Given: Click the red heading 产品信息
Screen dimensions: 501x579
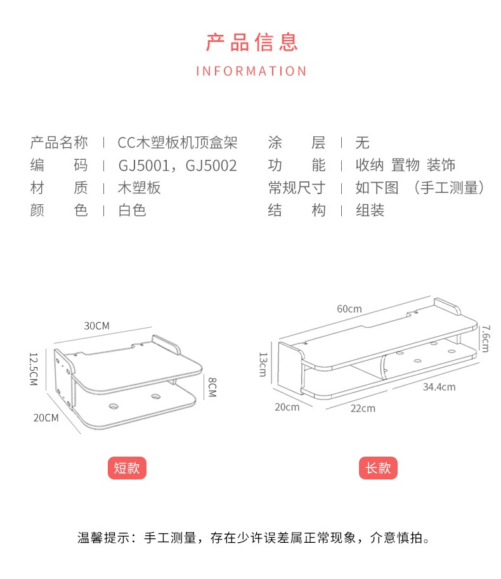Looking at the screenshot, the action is pos(252,42).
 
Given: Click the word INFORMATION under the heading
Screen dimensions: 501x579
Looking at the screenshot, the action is pos(251,71).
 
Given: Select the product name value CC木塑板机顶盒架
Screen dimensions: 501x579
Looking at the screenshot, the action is pos(177,143).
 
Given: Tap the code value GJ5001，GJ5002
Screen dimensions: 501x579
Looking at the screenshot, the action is pos(178,166).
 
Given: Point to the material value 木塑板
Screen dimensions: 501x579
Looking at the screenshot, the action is pos(140,188).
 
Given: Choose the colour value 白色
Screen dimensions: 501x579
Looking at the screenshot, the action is pos(132,210).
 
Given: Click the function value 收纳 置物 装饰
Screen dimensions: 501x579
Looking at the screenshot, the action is pos(405,166).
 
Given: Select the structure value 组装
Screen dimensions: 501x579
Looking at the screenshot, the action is pos(370,210).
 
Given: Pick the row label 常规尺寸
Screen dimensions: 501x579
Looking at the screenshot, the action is pos(296,188).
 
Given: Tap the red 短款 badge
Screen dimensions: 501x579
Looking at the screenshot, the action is pos(127,468).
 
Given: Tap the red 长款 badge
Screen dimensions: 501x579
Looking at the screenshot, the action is pos(379,468).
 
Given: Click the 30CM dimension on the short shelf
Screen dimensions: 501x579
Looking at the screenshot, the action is pos(97,325).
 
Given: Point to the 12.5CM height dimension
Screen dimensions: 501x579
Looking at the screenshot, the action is pos(34,368).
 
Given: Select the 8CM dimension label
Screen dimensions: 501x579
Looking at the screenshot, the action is pos(212,387).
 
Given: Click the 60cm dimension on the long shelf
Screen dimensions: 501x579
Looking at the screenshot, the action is pos(349,309).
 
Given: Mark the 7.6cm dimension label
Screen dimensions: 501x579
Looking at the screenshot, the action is pos(485,338).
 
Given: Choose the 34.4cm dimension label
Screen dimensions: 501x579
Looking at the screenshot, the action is pos(438,387).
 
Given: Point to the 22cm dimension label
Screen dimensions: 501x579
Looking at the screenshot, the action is pos(363,408).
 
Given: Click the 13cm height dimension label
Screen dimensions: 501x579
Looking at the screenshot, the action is pos(262,364).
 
